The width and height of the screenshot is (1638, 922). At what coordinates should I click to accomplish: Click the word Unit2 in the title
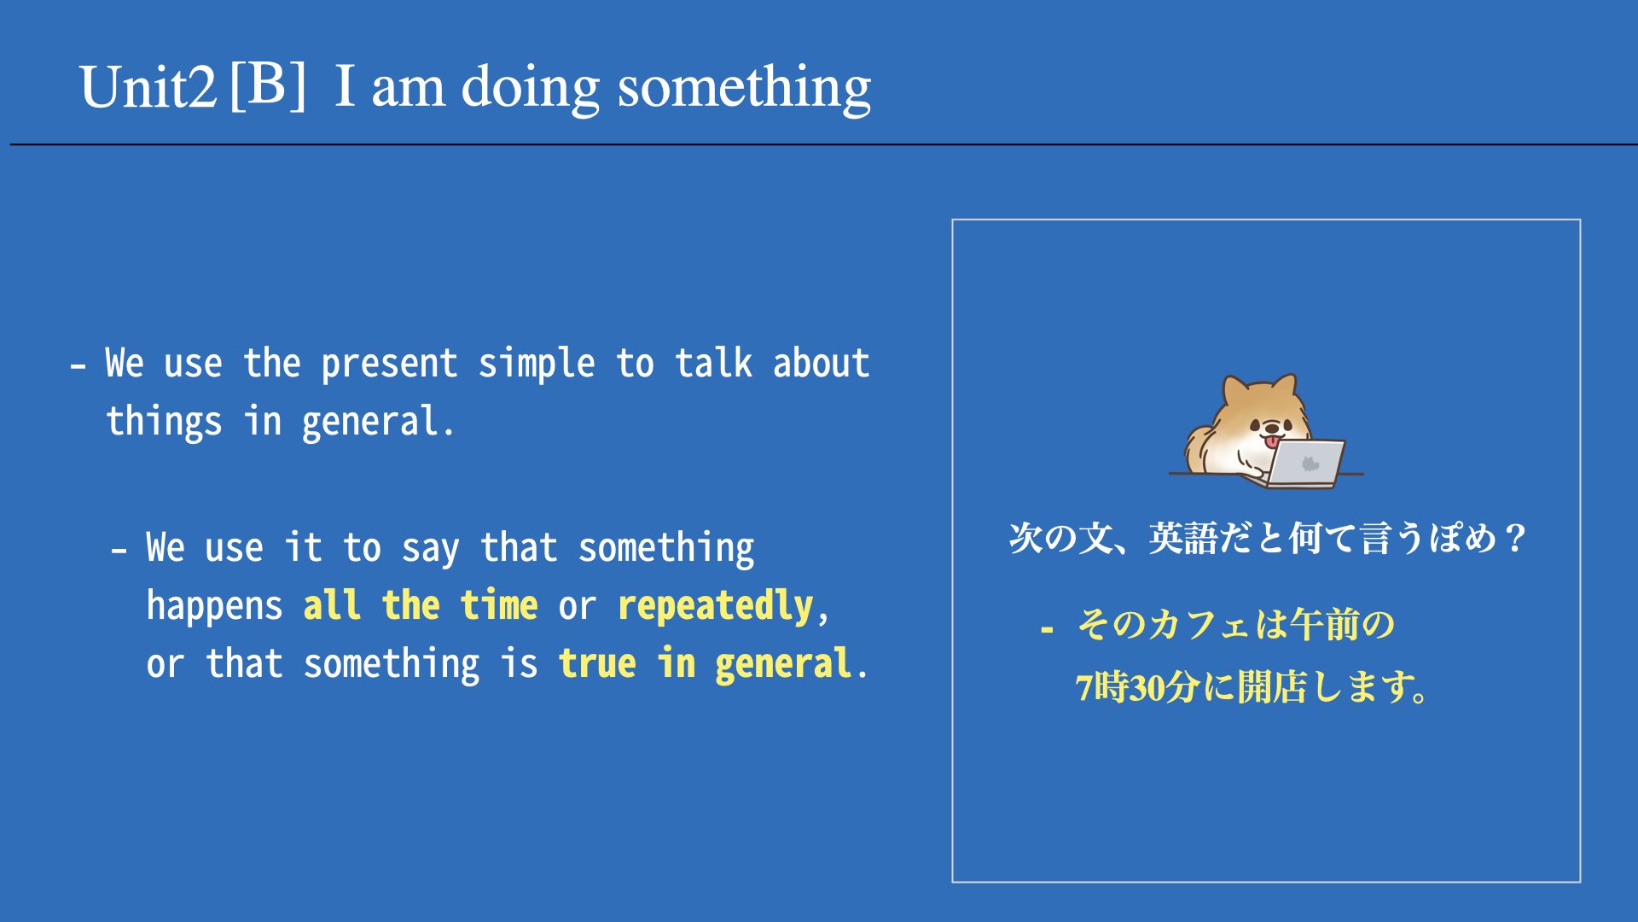(148, 87)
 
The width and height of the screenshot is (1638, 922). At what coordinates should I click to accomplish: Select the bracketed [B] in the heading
(268, 85)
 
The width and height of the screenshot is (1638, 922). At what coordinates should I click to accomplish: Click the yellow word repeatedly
(715, 607)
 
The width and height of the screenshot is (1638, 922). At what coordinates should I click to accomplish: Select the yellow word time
(499, 604)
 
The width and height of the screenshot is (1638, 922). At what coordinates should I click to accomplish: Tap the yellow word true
(597, 663)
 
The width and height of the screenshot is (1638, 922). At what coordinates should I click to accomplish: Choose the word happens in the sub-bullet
(214, 607)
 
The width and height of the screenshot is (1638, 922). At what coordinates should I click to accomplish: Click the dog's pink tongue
(1272, 441)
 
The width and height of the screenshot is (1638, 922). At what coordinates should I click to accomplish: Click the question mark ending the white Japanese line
(1516, 538)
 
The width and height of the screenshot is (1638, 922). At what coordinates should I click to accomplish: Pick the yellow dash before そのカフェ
(1047, 630)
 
